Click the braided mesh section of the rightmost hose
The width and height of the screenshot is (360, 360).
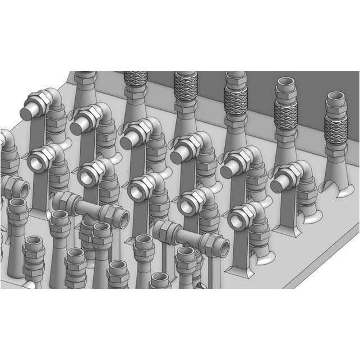(x=336, y=132)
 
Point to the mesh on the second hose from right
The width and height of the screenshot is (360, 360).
(x=286, y=117)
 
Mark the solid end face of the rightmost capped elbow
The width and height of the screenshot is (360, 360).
(x=277, y=184)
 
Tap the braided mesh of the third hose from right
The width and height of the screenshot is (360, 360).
(x=236, y=101)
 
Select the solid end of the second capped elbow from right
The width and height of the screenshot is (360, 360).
(x=227, y=170)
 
